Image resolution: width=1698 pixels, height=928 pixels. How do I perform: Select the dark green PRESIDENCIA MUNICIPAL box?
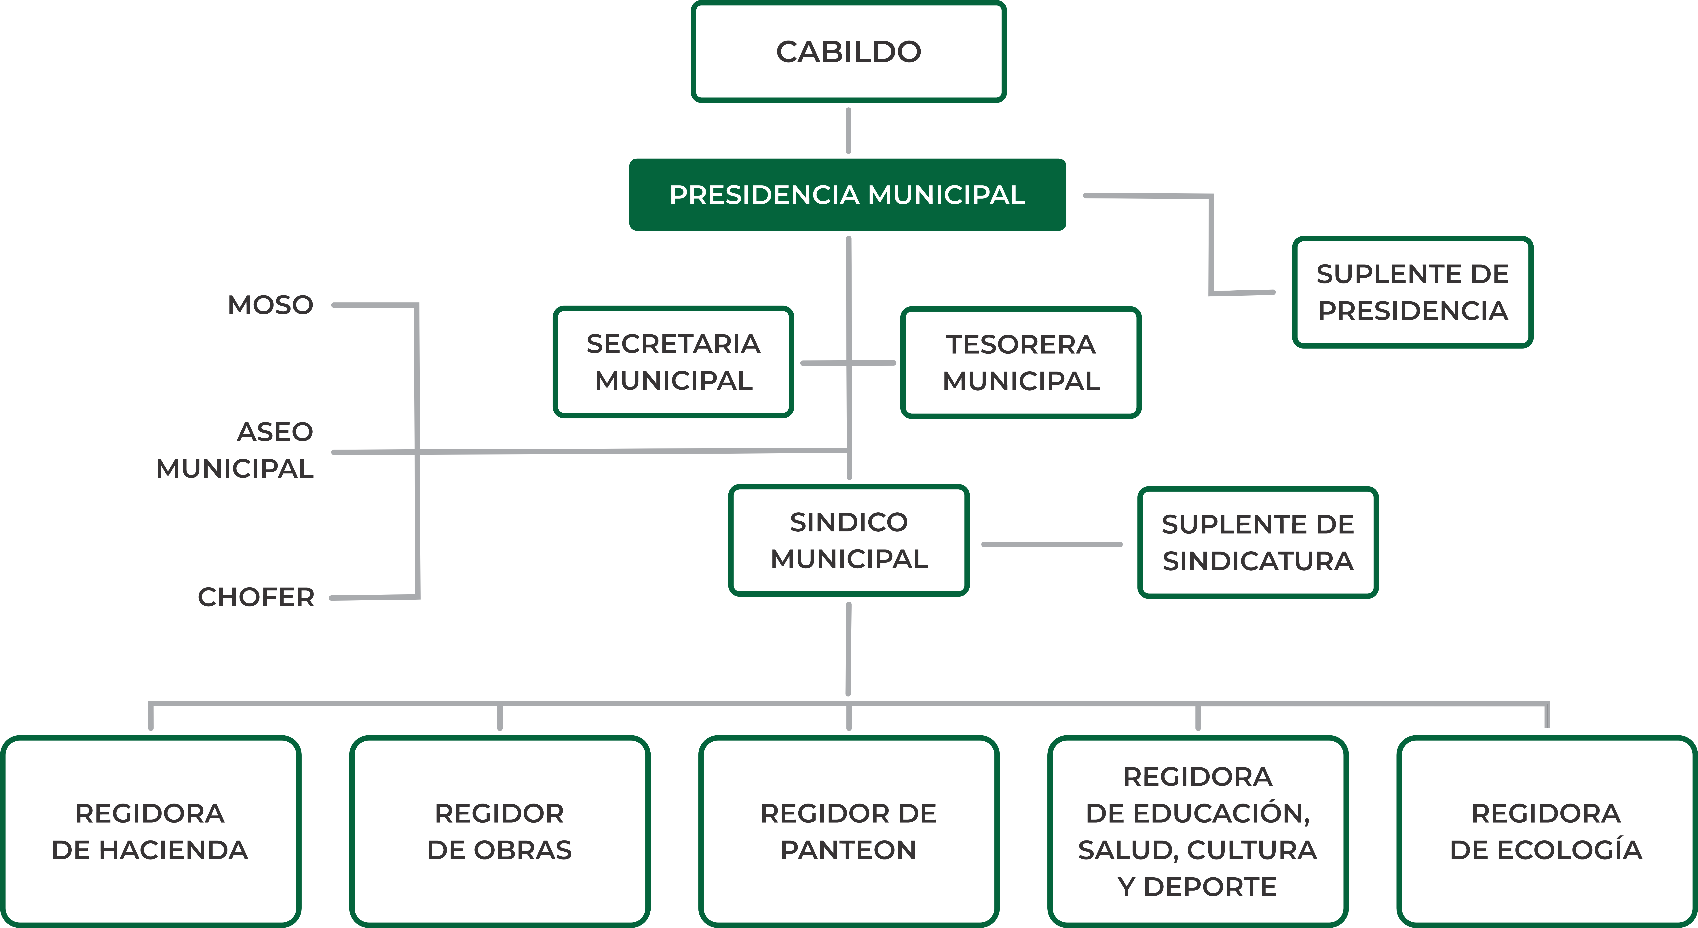pyautogui.click(x=848, y=195)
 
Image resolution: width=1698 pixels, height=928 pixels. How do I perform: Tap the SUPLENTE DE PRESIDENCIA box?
pyautogui.click(x=1413, y=292)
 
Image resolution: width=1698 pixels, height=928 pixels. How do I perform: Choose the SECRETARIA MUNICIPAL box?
pyautogui.click(x=673, y=362)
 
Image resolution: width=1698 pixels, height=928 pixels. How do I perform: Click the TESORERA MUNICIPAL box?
pyautogui.click(x=1021, y=363)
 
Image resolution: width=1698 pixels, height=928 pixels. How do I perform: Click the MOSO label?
pyautogui.click(x=270, y=305)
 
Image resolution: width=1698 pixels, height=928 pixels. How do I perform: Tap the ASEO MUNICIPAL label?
pyautogui.click(x=235, y=450)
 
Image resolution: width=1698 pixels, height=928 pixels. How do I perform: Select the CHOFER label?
pyautogui.click(x=256, y=598)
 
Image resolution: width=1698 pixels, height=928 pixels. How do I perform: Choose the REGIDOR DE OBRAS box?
pyautogui.click(x=500, y=832)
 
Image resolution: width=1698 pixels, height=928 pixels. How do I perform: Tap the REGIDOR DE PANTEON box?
pyautogui.click(x=848, y=832)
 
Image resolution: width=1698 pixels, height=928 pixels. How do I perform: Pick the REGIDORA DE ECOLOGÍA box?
pyautogui.click(x=1546, y=832)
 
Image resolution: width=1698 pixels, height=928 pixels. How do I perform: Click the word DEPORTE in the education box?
pyautogui.click(x=1210, y=887)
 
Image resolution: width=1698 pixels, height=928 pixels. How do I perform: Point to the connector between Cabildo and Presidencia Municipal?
pyautogui.click(x=848, y=131)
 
